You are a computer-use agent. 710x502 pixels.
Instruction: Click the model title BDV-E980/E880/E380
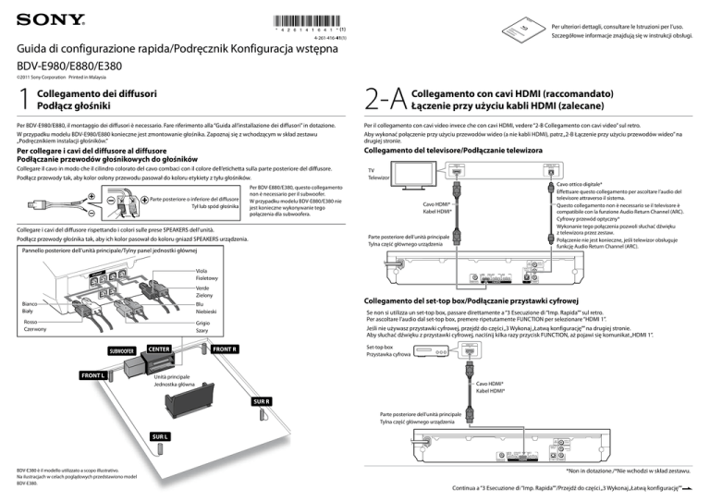(68, 67)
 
